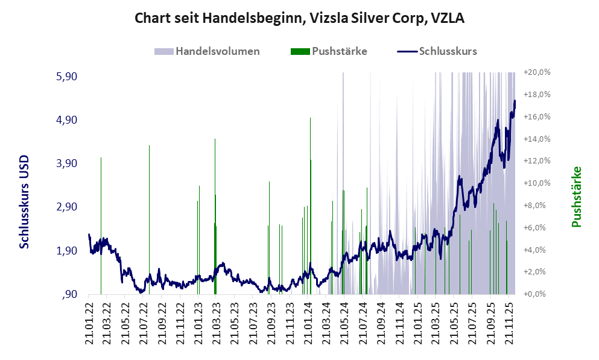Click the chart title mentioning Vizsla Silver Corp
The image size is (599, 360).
pos(299,18)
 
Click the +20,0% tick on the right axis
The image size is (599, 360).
pos(537,72)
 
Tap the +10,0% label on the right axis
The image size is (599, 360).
pos(537,183)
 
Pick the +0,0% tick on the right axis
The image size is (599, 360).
pos(537,294)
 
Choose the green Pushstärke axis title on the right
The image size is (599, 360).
pos(577,197)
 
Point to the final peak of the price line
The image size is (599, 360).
pos(515,101)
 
